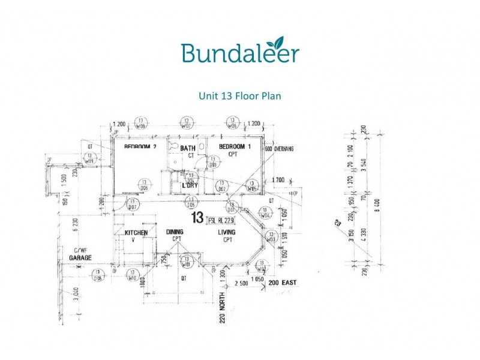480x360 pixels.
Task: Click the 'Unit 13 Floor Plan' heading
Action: tap(239, 95)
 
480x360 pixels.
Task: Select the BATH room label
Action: tap(188, 148)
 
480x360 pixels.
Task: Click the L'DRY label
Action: tap(190, 185)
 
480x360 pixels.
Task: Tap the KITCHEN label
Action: tap(136, 232)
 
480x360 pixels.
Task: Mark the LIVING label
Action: tap(227, 232)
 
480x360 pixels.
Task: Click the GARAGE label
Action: tap(80, 257)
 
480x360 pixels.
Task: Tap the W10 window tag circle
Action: tap(133, 275)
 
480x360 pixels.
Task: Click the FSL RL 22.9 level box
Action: tap(220, 220)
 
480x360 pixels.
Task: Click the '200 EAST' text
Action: tap(283, 282)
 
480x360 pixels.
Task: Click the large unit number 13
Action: tap(197, 218)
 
